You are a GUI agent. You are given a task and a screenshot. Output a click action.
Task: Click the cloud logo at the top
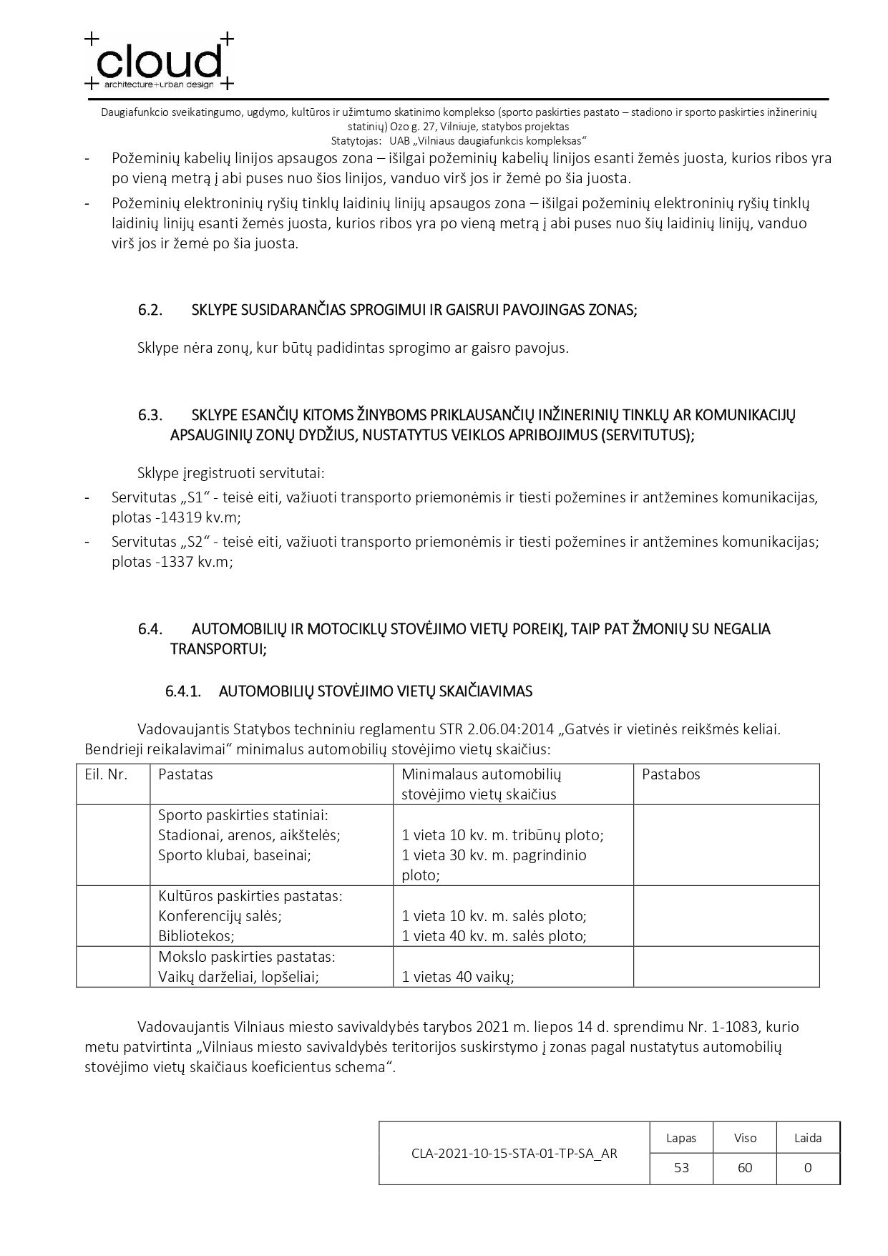pyautogui.click(x=160, y=62)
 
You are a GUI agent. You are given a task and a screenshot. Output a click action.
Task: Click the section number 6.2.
pyautogui.click(x=150, y=310)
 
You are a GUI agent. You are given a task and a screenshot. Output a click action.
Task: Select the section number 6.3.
pyautogui.click(x=150, y=415)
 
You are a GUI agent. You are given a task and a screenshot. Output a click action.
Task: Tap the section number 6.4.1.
pyautogui.click(x=182, y=691)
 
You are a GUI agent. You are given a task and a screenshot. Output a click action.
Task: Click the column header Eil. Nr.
pyautogui.click(x=106, y=774)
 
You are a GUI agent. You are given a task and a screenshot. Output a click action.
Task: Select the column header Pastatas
pyautogui.click(x=185, y=774)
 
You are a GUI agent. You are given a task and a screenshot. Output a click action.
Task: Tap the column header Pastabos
pyautogui.click(x=670, y=774)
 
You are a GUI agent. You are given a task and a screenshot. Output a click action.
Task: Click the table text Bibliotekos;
pyautogui.click(x=196, y=935)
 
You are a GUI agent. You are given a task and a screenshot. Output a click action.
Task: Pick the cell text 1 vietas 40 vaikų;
pyautogui.click(x=458, y=976)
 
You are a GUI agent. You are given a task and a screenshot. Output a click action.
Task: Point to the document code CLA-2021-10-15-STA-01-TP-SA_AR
pyautogui.click(x=514, y=1153)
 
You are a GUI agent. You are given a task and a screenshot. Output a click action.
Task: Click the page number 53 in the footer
pyautogui.click(x=681, y=1167)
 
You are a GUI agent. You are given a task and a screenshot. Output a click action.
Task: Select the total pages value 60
pyautogui.click(x=745, y=1167)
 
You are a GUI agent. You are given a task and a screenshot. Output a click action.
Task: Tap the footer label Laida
pyautogui.click(x=808, y=1138)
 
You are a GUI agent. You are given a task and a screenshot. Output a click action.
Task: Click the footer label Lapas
pyautogui.click(x=681, y=1138)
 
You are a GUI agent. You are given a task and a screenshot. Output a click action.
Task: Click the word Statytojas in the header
pyautogui.click(x=356, y=140)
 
